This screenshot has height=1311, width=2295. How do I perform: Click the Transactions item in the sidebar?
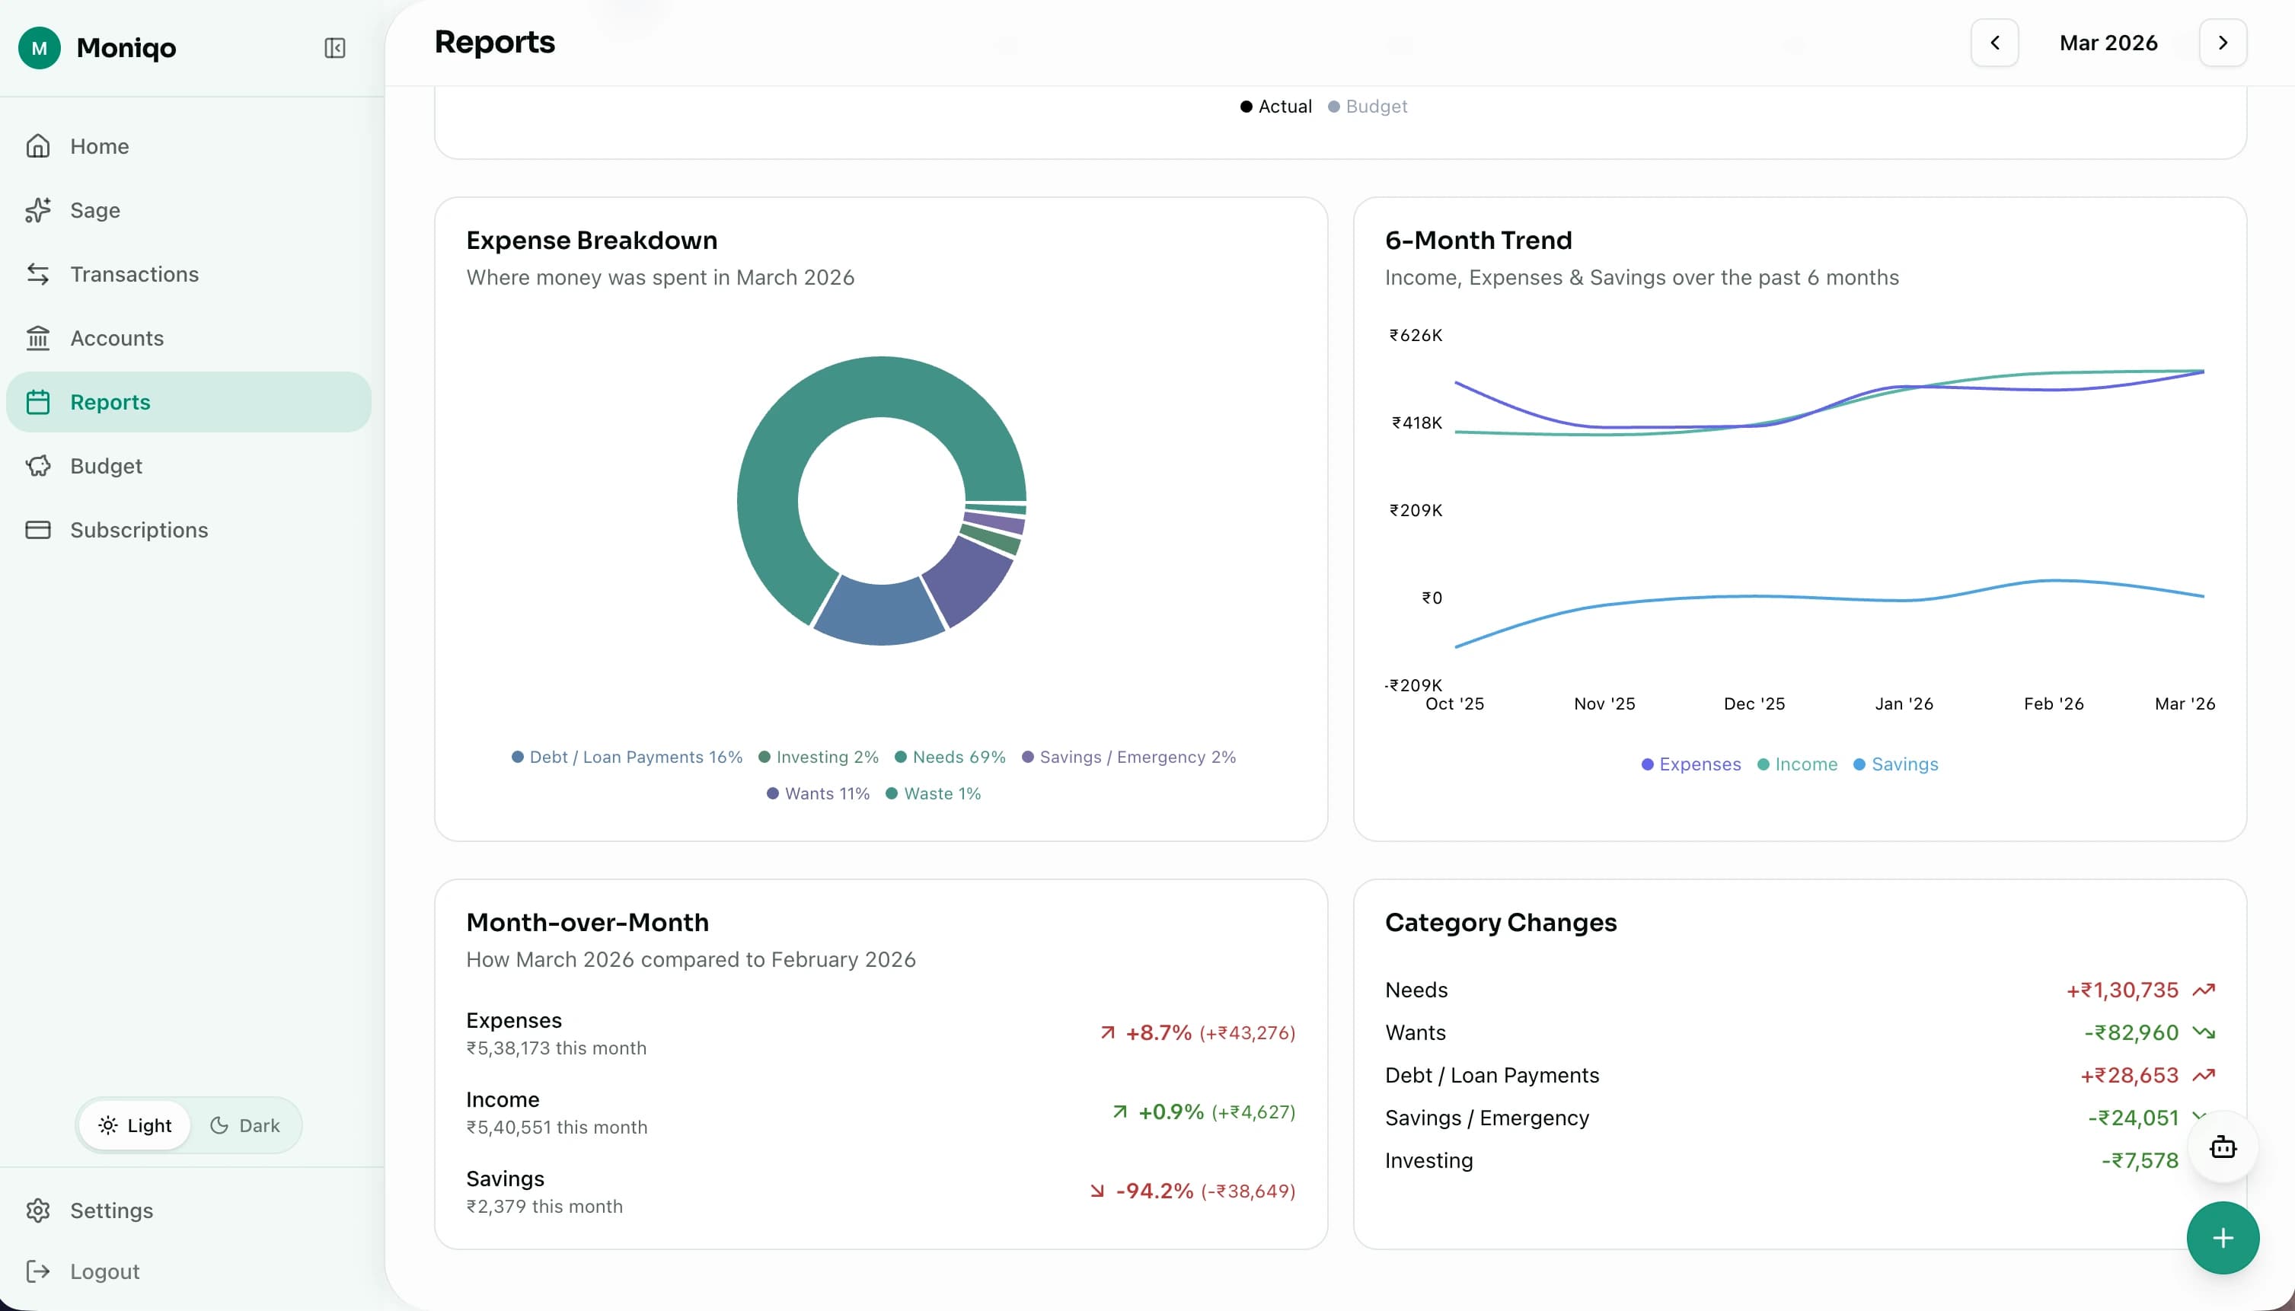pyautogui.click(x=134, y=274)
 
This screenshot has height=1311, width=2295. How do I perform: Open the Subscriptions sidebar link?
pyautogui.click(x=139, y=529)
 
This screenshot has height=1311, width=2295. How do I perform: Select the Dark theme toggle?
pyautogui.click(x=245, y=1125)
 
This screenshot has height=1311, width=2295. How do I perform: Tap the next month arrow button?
pyautogui.click(x=2222, y=43)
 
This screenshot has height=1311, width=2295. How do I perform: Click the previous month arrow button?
pyautogui.click(x=1994, y=43)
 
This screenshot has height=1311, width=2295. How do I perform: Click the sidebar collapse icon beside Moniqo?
pyautogui.click(x=334, y=48)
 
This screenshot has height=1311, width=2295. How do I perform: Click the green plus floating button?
pyautogui.click(x=2222, y=1238)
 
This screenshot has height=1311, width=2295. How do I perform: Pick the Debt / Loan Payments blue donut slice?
pyautogui.click(x=878, y=612)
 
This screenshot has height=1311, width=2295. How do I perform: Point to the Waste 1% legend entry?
pyautogui.click(x=941, y=793)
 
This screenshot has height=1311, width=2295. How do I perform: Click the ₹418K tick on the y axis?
pyautogui.click(x=1416, y=423)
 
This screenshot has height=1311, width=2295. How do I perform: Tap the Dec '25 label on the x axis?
pyautogui.click(x=1753, y=704)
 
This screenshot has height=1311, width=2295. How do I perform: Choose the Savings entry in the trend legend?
pyautogui.click(x=1904, y=764)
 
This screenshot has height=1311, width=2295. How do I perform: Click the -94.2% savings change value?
pyautogui.click(x=1154, y=1191)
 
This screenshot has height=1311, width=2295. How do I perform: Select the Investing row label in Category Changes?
pyautogui.click(x=1428, y=1160)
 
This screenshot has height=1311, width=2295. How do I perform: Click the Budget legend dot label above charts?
pyautogui.click(x=1375, y=107)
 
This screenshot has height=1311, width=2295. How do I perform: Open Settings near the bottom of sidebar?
pyautogui.click(x=110, y=1211)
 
